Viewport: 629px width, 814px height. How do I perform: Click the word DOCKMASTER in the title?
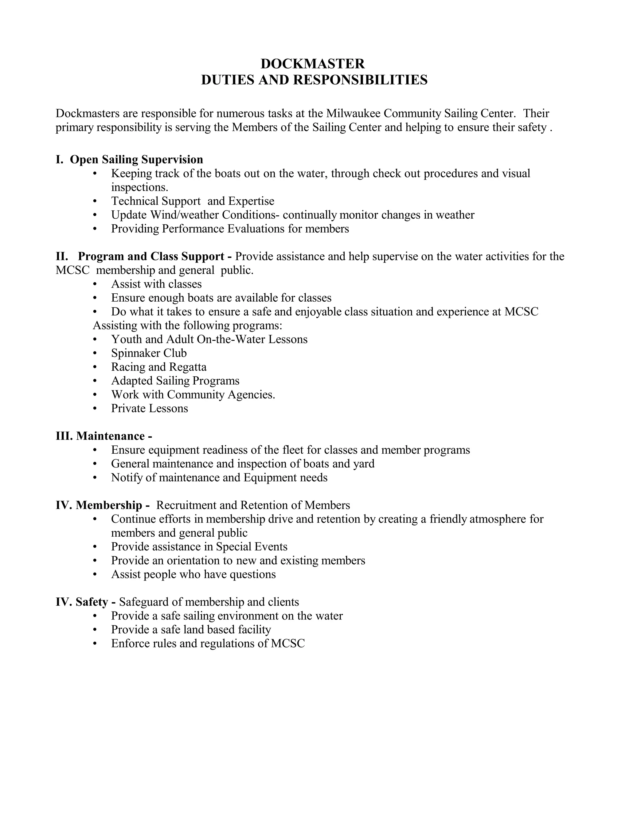click(313, 64)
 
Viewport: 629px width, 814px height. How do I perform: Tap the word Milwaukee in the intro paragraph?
click(353, 113)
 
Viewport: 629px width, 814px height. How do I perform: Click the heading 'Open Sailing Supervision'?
click(136, 159)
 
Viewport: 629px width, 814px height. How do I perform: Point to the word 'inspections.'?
click(139, 187)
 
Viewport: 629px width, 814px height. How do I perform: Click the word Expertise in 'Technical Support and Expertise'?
click(251, 201)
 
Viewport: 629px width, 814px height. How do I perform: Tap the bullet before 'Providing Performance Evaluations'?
click(95, 229)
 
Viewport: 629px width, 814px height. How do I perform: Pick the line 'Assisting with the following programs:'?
click(187, 325)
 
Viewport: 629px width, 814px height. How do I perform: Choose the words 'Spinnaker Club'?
click(149, 353)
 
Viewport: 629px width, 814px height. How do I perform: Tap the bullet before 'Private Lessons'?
click(95, 409)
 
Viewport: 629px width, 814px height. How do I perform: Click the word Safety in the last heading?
click(92, 602)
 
